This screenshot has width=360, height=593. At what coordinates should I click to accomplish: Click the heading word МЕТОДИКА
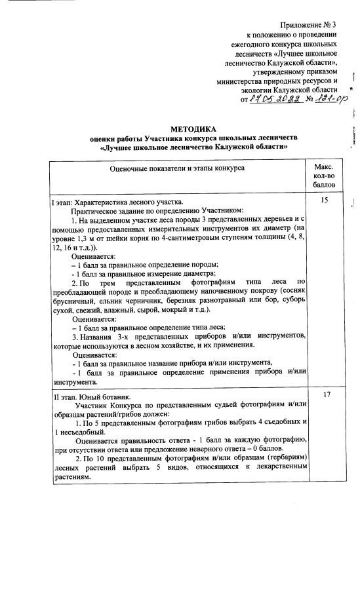tap(193, 129)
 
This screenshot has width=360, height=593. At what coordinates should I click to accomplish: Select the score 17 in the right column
tap(324, 396)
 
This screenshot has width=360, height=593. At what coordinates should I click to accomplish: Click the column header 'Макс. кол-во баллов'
tap(324, 176)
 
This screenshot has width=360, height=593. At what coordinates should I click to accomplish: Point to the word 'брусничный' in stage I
tap(74, 299)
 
